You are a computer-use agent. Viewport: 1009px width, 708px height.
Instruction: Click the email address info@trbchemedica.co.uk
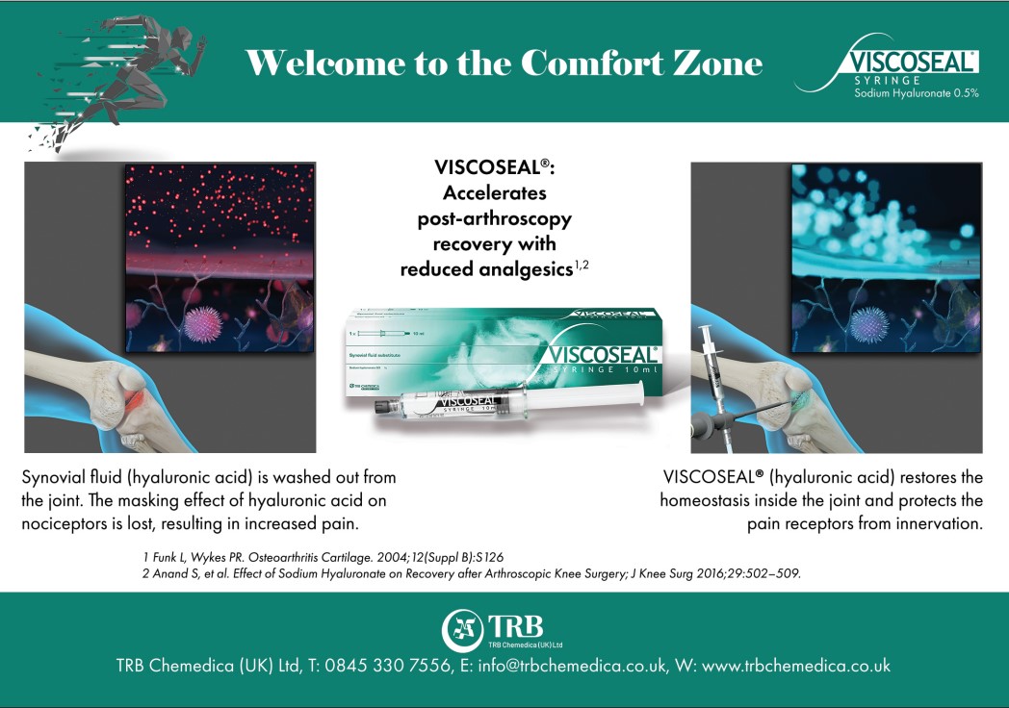coord(565,666)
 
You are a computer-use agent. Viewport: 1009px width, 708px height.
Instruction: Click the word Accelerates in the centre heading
coord(494,192)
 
